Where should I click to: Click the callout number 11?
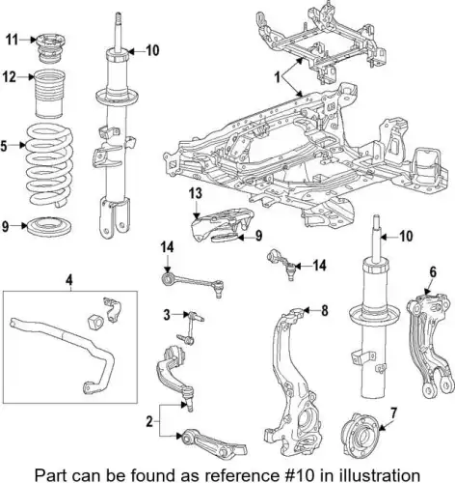pos(12,40)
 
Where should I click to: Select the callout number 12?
pos(10,77)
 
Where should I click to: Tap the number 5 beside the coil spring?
pos(4,146)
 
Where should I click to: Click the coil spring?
pos(49,166)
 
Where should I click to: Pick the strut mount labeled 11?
pos(50,48)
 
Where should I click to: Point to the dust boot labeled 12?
pos(50,93)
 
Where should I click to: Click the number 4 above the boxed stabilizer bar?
pos(68,280)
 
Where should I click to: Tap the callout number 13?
pos(196,193)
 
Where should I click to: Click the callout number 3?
pos(167,315)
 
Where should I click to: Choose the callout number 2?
pos(149,421)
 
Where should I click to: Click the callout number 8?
pos(325,311)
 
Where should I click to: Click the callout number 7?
pos(394,413)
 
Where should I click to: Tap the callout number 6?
pos(433,272)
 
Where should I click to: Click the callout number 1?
pos(278,77)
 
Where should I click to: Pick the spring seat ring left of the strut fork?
pos(49,226)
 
